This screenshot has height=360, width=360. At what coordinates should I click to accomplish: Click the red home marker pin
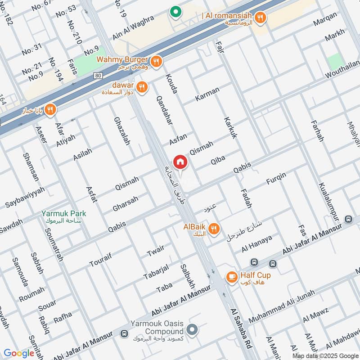pyautogui.click(x=180, y=162)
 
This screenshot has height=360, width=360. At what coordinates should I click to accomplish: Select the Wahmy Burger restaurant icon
pyautogui.click(x=156, y=62)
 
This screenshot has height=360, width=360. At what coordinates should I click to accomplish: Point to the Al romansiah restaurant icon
pyautogui.click(x=260, y=18)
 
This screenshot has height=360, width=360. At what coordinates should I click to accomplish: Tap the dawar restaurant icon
pyautogui.click(x=142, y=87)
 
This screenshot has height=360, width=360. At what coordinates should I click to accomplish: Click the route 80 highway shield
pyautogui.click(x=99, y=76)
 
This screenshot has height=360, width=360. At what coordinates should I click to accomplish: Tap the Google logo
pyautogui.click(x=19, y=353)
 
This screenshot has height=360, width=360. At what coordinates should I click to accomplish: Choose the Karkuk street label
pyautogui.click(x=229, y=128)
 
